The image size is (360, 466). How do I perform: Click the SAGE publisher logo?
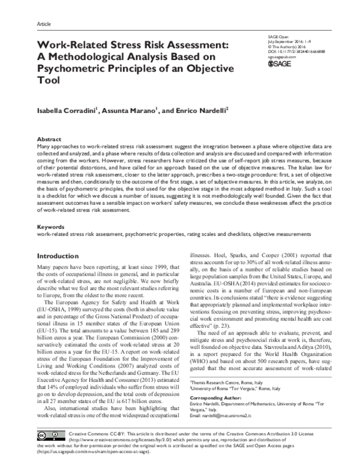click(281, 63)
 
